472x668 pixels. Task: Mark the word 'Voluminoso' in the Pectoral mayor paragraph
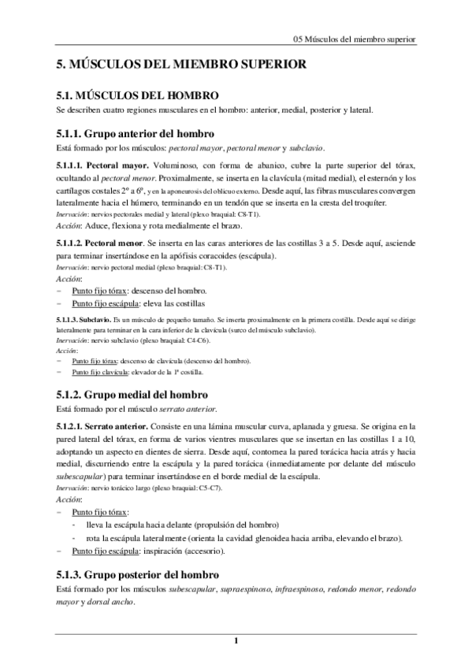click(x=180, y=166)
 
